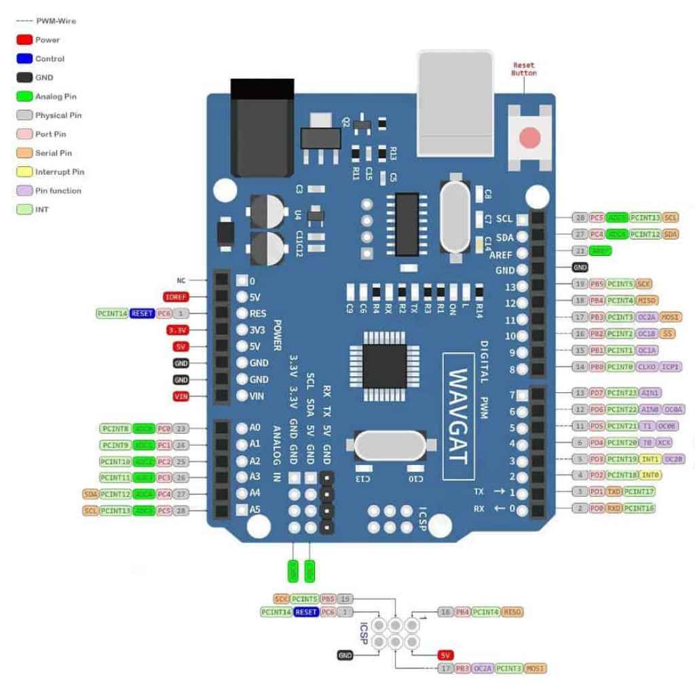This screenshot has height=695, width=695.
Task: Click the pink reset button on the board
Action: click(529, 138)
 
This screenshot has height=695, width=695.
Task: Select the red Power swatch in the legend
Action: click(25, 40)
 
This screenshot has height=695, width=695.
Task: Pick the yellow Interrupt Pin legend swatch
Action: click(25, 172)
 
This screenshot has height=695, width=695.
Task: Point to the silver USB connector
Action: click(454, 102)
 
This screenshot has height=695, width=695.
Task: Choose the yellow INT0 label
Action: click(650, 475)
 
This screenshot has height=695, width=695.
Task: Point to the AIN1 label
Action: click(650, 393)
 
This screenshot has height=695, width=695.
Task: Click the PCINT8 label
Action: click(115, 428)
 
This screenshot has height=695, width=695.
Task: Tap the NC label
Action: click(181, 280)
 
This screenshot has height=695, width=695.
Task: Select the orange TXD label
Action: click(614, 491)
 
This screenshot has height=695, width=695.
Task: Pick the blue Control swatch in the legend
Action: click(25, 59)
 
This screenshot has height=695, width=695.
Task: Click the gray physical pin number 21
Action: click(580, 251)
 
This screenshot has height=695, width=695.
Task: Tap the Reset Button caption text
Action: click(524, 69)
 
